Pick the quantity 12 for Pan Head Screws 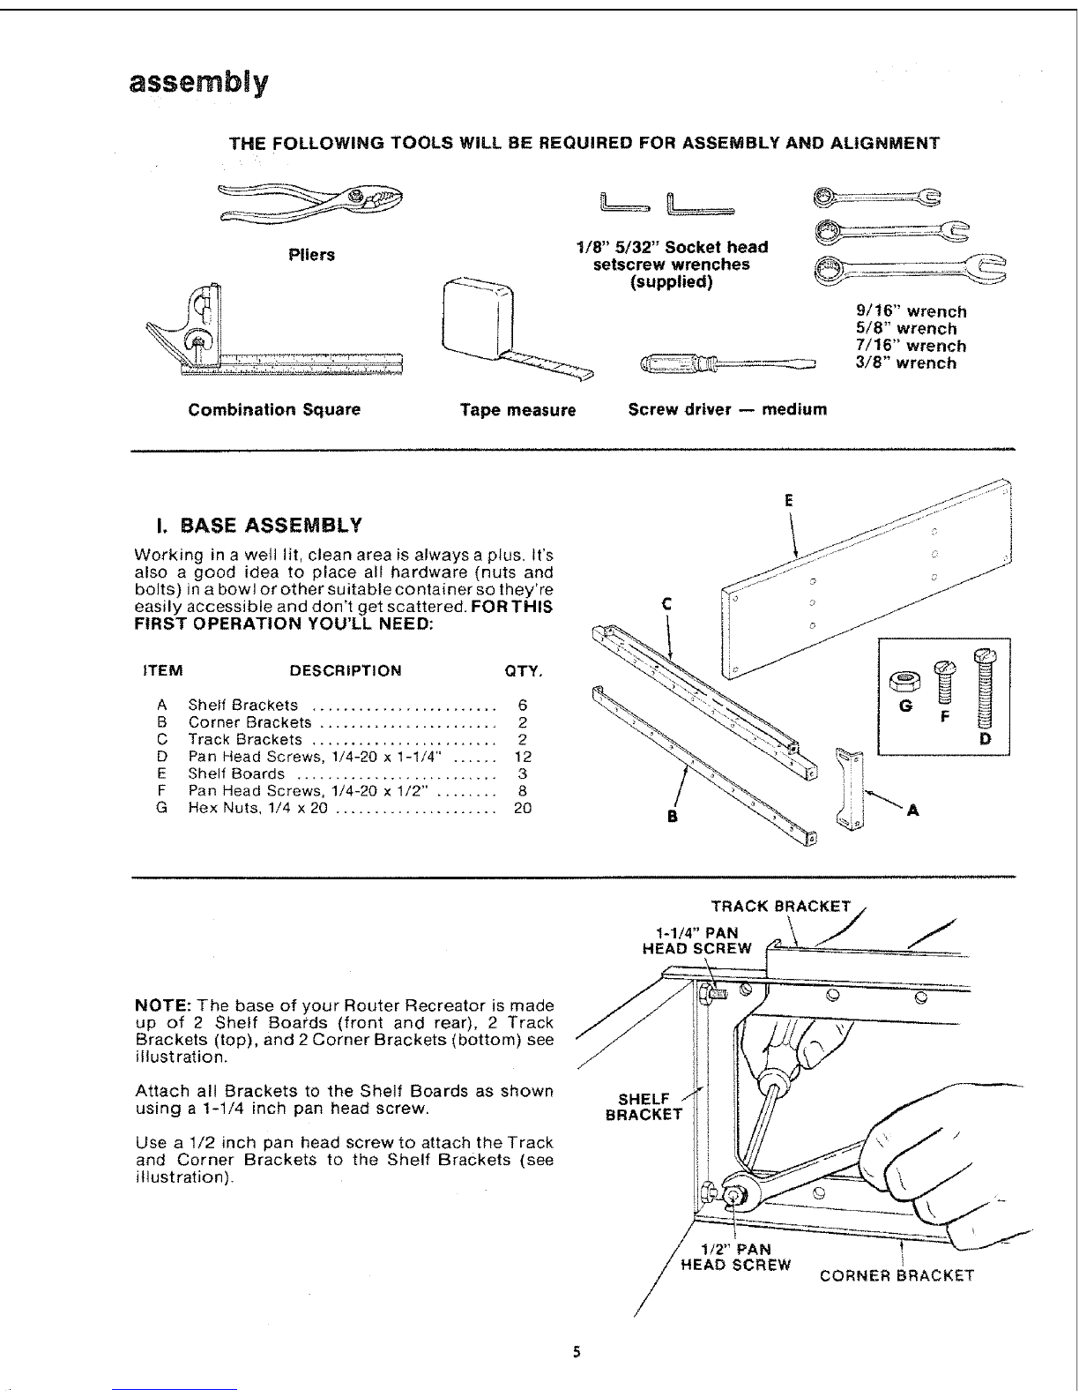[x=522, y=757]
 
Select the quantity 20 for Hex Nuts [x=522, y=808]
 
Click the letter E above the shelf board [x=790, y=500]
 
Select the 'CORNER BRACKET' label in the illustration [x=897, y=1275]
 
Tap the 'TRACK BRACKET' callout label [x=781, y=906]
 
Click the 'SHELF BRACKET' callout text [x=644, y=1106]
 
